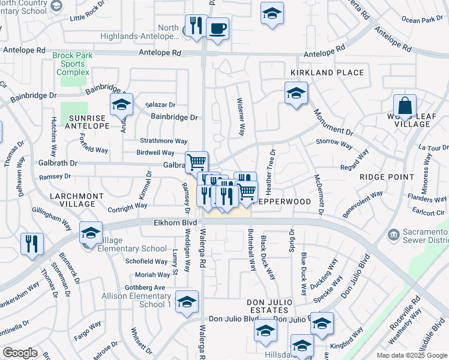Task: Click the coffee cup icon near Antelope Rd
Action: click(x=217, y=28)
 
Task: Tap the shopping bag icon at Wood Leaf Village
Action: click(x=405, y=106)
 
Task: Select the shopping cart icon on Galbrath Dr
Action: click(x=196, y=161)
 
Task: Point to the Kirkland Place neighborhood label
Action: click(x=327, y=73)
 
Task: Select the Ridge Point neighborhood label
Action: click(x=387, y=177)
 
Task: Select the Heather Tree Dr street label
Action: click(x=273, y=167)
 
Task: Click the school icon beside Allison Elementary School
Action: click(x=187, y=301)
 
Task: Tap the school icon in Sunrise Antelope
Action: click(x=121, y=104)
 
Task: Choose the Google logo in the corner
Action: click(x=20, y=353)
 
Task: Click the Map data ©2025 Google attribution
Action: click(x=412, y=355)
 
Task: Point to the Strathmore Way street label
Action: click(x=163, y=141)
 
